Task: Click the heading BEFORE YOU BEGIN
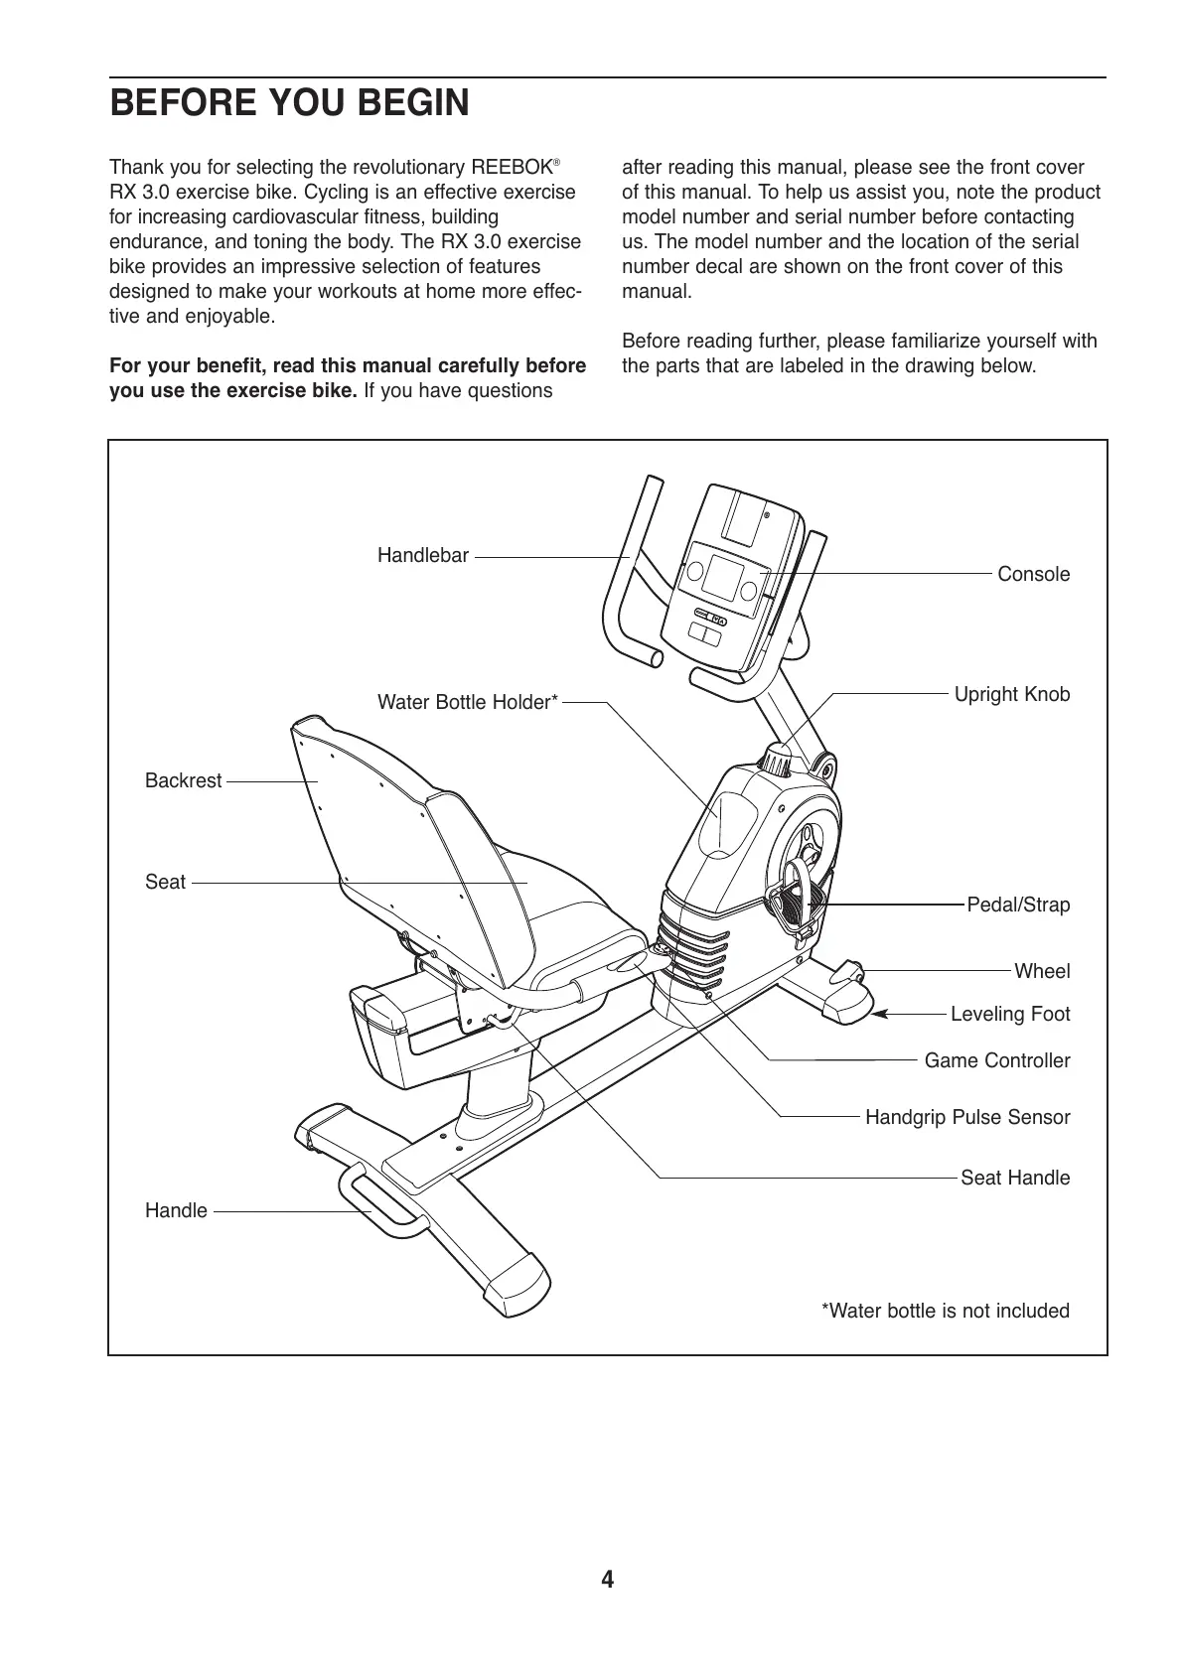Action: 289,103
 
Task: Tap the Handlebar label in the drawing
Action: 422,556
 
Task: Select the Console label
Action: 1033,574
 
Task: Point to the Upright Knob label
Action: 1011,694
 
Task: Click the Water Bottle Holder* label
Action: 468,703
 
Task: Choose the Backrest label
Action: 183,781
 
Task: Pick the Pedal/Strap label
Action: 1018,905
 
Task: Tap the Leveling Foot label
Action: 1010,1014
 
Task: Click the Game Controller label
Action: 996,1060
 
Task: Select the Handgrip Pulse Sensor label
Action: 967,1117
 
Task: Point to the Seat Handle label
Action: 1014,1178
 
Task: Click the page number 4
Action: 607,1579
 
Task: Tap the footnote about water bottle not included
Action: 945,1311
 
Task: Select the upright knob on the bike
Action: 777,762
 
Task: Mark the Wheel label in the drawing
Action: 1042,971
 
